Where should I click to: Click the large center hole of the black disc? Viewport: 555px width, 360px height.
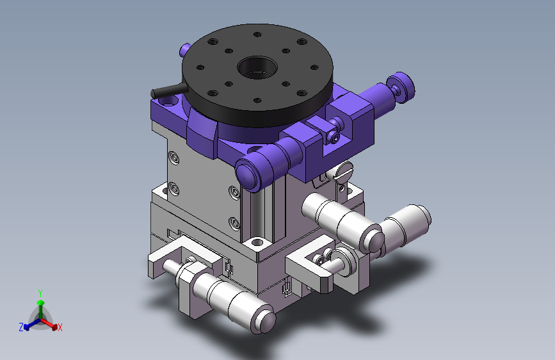[x=257, y=67]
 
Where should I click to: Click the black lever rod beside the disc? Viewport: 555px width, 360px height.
[x=169, y=91]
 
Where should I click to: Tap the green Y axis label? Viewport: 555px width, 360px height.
[x=40, y=293]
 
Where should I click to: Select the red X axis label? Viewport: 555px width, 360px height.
[x=60, y=327]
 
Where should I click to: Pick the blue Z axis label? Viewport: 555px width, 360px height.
[x=21, y=327]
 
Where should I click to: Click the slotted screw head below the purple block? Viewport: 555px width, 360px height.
[x=344, y=172]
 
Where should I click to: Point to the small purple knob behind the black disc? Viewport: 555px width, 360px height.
[x=184, y=49]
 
